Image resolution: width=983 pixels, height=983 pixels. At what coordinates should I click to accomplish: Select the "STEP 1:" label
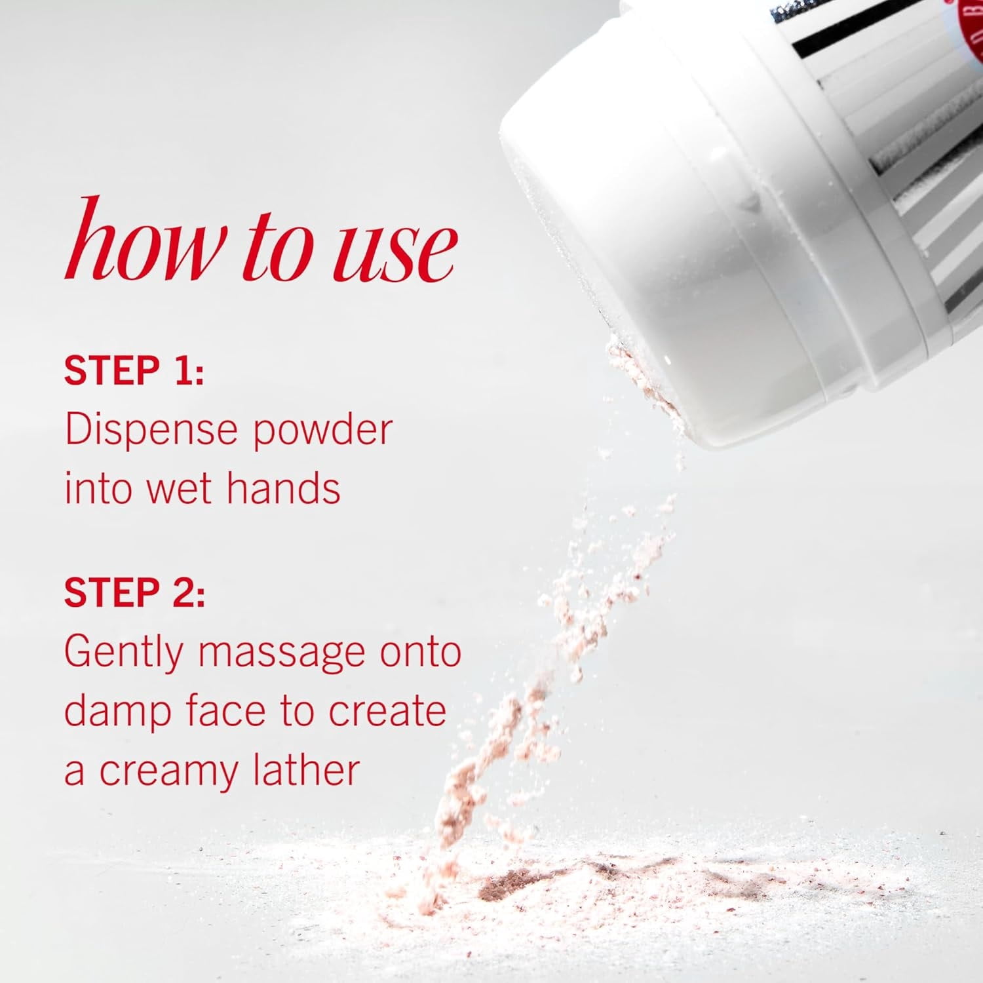coord(134,370)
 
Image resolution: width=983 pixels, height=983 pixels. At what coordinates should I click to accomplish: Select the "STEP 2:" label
coord(134,592)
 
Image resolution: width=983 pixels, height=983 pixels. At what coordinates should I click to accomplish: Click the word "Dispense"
coord(151,431)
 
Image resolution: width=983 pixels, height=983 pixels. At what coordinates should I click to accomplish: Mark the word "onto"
coord(421,653)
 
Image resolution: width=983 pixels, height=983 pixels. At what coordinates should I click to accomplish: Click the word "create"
coord(387,710)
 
